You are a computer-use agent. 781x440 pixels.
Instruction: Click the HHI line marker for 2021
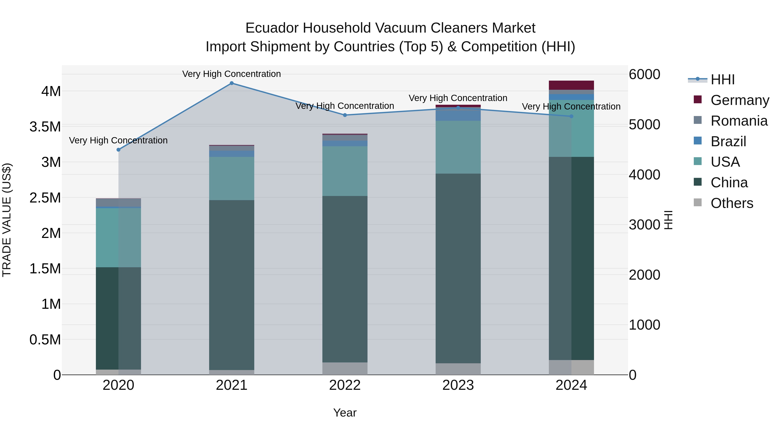pyautogui.click(x=232, y=83)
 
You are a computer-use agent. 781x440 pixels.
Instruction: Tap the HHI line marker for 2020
pyautogui.click(x=118, y=150)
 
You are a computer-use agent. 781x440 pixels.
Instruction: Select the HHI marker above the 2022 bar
pyautogui.click(x=345, y=115)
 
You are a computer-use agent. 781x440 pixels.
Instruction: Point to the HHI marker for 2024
pyautogui.click(x=571, y=116)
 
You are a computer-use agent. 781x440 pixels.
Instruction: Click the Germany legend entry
pyautogui.click(x=740, y=100)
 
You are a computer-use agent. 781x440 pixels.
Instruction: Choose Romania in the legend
pyautogui.click(x=739, y=121)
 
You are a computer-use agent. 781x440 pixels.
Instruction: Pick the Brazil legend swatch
pyautogui.click(x=698, y=141)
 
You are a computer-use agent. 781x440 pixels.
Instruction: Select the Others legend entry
pyautogui.click(x=732, y=203)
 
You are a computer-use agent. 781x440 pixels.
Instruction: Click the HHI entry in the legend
pyautogui.click(x=722, y=80)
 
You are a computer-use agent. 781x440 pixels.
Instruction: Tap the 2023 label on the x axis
pyautogui.click(x=458, y=385)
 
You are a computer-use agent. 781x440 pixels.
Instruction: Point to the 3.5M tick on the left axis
pyautogui.click(x=45, y=127)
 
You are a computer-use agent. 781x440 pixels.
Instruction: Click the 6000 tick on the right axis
pyautogui.click(x=644, y=74)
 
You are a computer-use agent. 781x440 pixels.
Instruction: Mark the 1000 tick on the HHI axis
pyautogui.click(x=644, y=325)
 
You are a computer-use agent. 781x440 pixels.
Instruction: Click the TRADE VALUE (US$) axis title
pyautogui.click(x=7, y=220)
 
